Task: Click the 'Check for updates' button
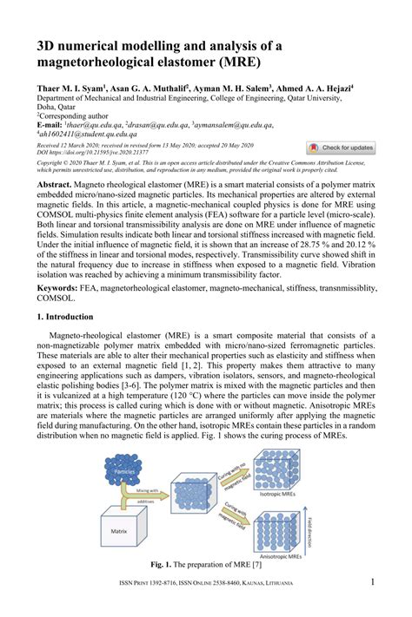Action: tap(341, 148)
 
